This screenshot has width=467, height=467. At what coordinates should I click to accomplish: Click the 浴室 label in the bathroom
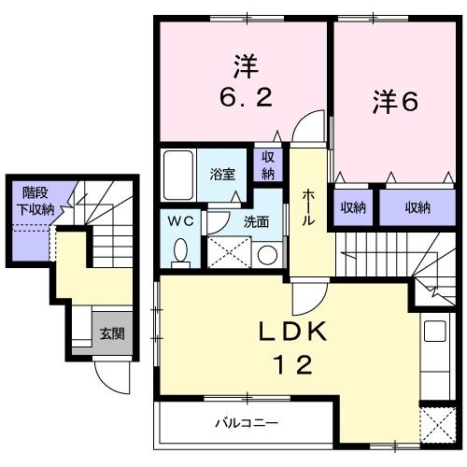tap(221, 173)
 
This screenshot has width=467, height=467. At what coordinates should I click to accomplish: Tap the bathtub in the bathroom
tap(178, 172)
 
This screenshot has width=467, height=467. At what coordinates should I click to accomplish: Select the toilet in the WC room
tap(182, 250)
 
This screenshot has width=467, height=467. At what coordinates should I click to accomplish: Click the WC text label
tap(180, 221)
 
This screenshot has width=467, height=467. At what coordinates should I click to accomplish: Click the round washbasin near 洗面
tap(266, 254)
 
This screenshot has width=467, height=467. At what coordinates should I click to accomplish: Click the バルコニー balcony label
tap(241, 422)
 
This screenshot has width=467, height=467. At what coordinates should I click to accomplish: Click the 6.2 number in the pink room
tap(245, 96)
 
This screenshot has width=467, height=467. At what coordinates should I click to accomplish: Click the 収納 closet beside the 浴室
tap(268, 166)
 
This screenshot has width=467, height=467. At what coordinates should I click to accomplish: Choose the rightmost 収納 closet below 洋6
tap(417, 206)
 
